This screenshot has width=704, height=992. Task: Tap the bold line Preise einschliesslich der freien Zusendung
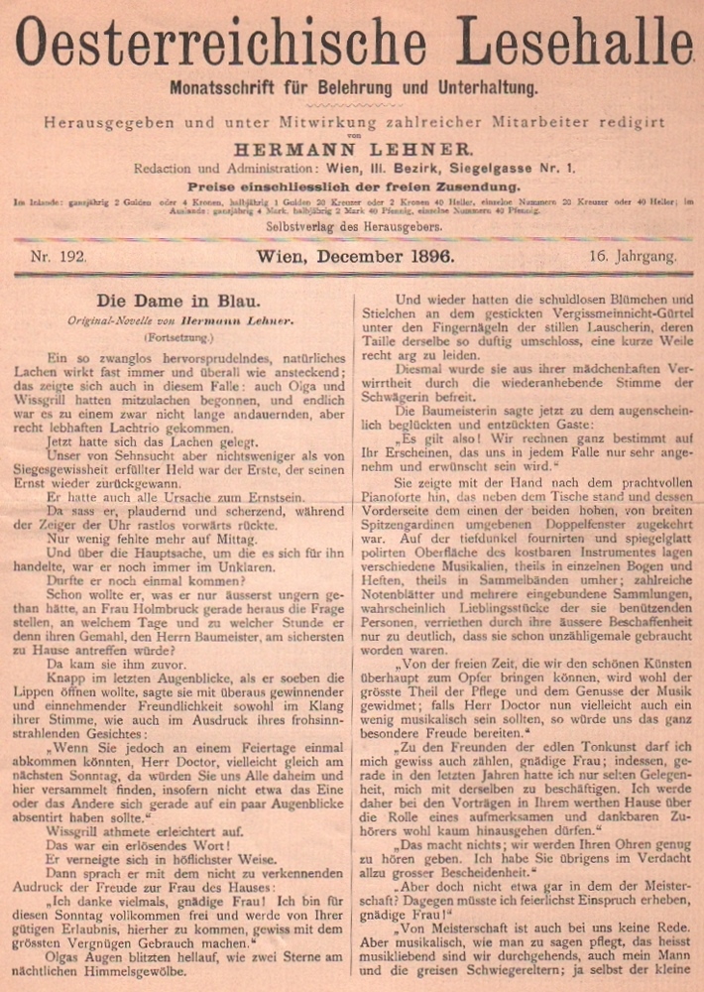point(352,186)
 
